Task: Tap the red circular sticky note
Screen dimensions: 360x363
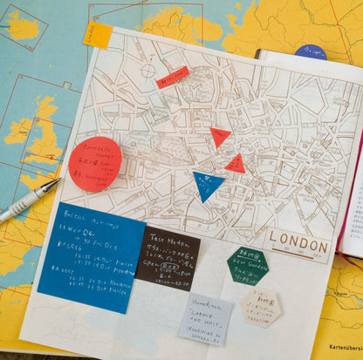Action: (x=94, y=164)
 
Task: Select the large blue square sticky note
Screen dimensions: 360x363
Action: (x=92, y=246)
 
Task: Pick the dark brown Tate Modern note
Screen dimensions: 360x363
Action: (x=167, y=257)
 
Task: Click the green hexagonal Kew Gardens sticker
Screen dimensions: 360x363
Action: (x=247, y=265)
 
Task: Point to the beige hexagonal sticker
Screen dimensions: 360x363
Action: (x=261, y=308)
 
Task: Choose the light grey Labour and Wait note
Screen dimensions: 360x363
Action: (x=205, y=319)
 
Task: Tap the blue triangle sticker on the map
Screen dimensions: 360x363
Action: (x=207, y=184)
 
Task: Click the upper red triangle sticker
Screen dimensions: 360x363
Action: (x=220, y=136)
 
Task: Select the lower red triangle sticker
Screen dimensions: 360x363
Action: (x=235, y=164)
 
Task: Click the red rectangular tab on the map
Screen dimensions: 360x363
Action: (x=172, y=78)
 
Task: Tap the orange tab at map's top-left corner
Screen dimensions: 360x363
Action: (x=98, y=35)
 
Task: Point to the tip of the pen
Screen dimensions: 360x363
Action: (x=58, y=181)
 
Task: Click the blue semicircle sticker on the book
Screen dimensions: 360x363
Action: (x=311, y=52)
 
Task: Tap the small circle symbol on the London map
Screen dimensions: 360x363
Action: (x=148, y=70)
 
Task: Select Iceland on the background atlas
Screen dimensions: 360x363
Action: (x=24, y=27)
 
